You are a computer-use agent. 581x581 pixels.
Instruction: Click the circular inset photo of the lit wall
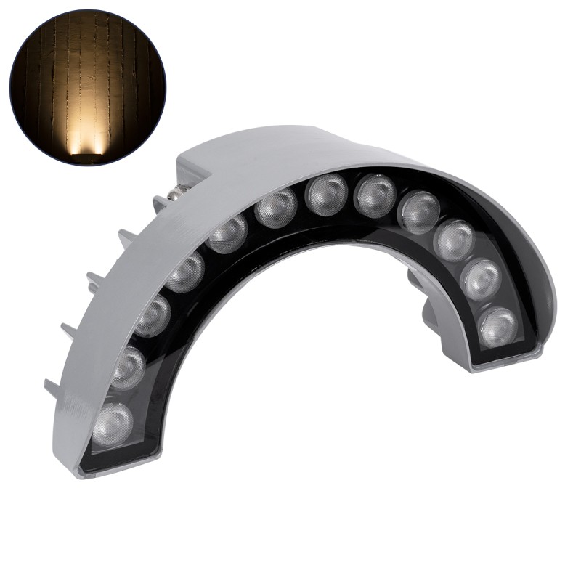[x=87, y=87]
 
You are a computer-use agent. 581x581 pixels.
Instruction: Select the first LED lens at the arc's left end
[x=113, y=423]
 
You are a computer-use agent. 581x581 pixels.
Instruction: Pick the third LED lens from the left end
[x=153, y=317]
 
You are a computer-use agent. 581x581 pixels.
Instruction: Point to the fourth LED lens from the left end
[x=186, y=272]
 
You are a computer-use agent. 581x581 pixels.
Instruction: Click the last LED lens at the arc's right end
[x=498, y=326]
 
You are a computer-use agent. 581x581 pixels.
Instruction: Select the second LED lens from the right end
[x=481, y=279]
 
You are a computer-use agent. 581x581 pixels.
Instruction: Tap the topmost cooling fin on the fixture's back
[x=161, y=203]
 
